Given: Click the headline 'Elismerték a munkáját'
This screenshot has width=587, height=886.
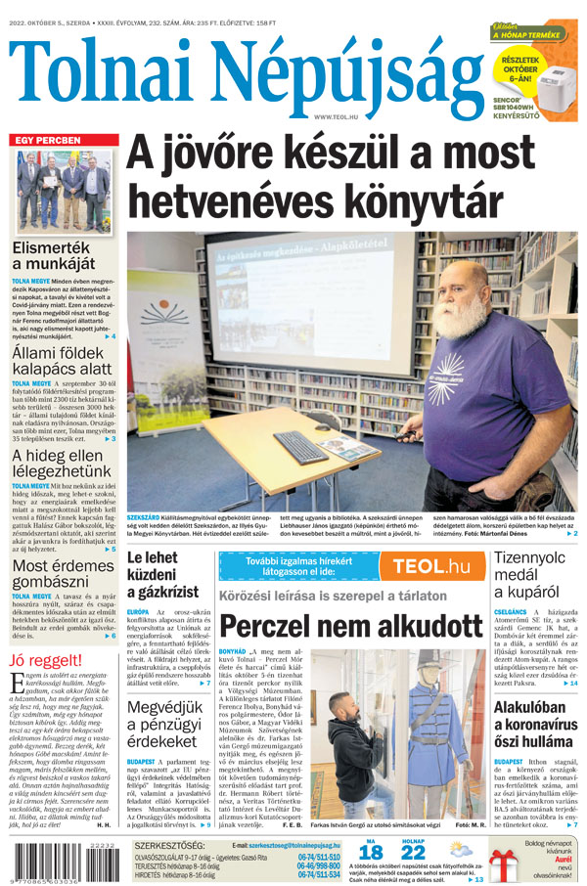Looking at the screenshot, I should pos(53,255).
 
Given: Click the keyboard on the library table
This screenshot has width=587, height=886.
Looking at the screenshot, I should pos(300,447).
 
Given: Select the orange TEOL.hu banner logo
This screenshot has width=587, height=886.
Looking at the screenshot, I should pos(424,565).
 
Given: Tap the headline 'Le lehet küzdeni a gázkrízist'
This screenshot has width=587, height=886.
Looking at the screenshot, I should pos(162,575).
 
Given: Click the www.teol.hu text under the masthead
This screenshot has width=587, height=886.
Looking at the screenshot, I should pos(336,117).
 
